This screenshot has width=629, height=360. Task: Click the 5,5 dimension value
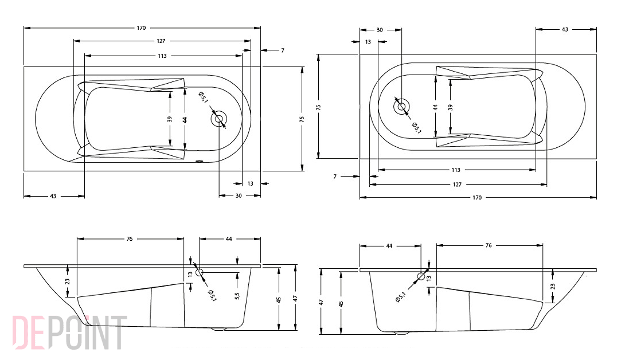237,295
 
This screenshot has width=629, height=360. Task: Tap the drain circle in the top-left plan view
219,119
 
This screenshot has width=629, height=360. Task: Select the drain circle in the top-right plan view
401,107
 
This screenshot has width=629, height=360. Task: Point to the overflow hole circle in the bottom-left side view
200,273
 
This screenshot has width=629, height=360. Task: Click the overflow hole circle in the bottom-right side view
421,276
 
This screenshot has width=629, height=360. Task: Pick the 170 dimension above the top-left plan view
141,28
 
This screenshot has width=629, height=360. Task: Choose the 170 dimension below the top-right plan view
477,198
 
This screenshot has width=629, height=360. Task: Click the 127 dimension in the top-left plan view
161,41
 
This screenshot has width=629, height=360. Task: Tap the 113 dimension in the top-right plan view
456,170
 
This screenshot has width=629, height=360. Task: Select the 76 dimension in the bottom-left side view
129,239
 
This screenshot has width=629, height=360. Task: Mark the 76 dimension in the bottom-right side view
488,245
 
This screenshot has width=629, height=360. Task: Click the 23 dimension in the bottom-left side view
68,282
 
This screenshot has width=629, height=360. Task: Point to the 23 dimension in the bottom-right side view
553,287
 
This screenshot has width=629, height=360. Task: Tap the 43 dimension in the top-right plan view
565,29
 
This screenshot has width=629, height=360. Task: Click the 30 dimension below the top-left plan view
239,196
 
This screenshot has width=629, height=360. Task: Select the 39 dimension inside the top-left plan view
170,119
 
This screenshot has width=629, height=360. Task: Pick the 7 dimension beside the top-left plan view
283,50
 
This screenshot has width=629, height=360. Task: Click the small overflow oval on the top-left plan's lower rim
200,162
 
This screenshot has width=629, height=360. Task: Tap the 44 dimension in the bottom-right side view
389,246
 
